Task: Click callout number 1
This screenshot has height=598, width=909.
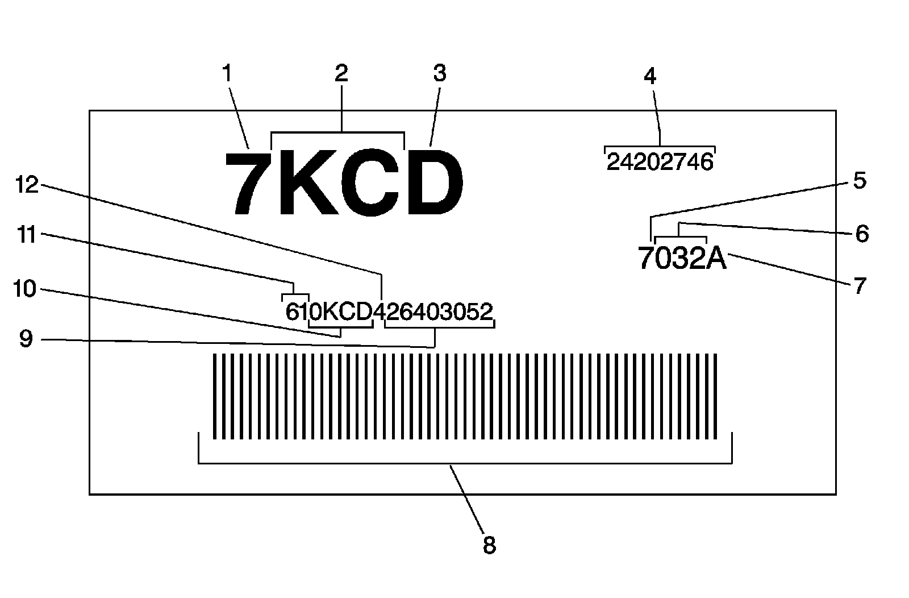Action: tap(227, 74)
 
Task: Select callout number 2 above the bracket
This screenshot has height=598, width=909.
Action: tap(341, 73)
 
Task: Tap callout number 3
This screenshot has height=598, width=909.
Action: tap(440, 73)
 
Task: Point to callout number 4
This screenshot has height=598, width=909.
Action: tap(650, 76)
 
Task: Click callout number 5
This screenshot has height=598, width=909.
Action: tap(860, 181)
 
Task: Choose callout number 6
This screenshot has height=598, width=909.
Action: tap(862, 234)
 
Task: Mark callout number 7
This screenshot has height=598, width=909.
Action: tap(860, 285)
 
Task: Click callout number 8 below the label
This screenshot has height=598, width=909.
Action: tap(489, 545)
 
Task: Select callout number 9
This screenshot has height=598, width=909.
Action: tap(26, 339)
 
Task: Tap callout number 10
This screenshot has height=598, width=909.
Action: tap(24, 289)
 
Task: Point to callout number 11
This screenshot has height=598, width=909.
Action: tap(26, 234)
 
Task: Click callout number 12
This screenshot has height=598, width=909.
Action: tap(26, 184)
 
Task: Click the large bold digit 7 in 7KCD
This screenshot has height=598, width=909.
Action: tap(248, 184)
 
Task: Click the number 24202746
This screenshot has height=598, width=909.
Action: tap(659, 163)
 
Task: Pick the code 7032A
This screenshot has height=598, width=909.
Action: tap(682, 259)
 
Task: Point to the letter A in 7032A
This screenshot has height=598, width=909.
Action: tap(716, 259)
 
